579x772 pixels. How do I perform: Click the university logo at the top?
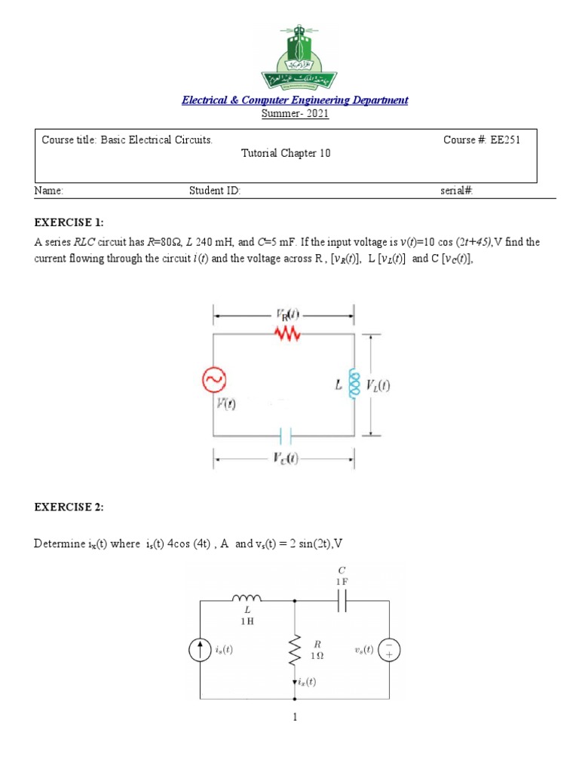point(295,57)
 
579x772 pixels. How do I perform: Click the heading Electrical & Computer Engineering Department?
point(295,100)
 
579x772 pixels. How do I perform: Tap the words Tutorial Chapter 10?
point(286,154)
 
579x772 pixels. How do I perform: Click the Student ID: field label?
point(215,191)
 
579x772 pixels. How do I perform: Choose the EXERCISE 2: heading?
point(69,507)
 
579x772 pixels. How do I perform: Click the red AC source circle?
point(213,383)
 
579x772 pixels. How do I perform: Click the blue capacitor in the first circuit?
point(285,436)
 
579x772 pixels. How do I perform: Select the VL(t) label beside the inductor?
point(379,385)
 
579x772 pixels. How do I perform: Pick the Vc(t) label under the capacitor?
point(285,459)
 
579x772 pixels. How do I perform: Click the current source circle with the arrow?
point(201,650)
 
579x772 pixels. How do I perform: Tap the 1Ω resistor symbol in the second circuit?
point(294,650)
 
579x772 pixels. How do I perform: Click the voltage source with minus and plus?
point(390,650)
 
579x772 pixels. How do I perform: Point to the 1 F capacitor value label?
point(342,582)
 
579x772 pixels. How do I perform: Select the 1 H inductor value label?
point(247,621)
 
